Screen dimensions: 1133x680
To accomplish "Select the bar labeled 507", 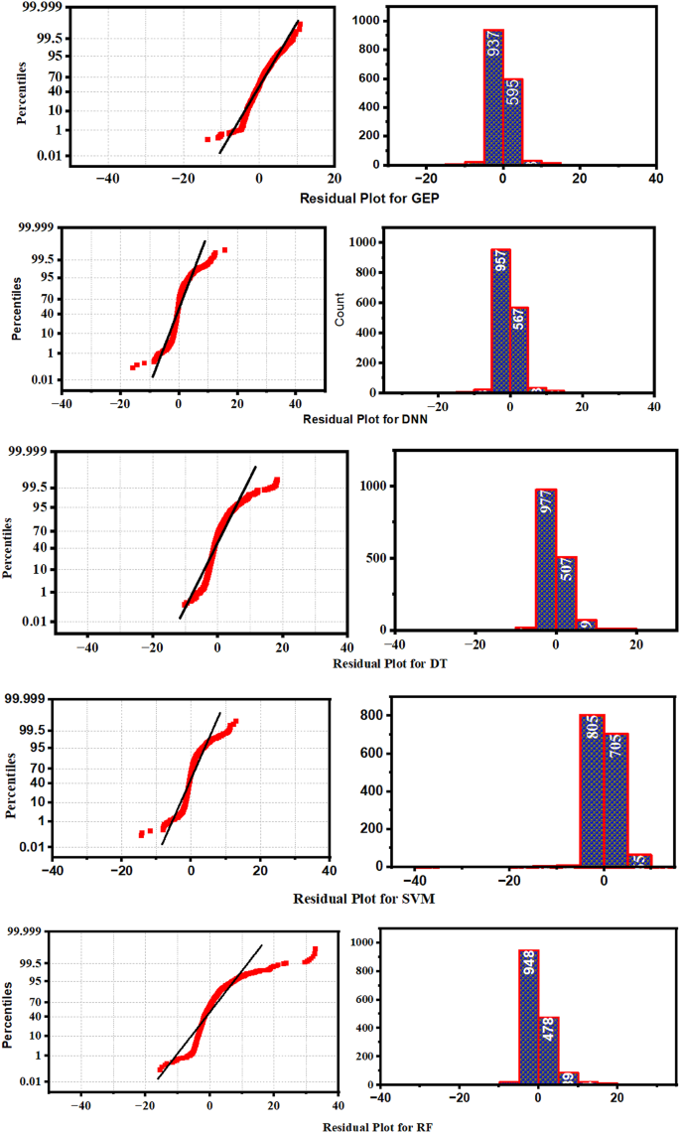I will pos(565,592).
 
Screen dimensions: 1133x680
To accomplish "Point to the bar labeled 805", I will pos(592,789).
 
